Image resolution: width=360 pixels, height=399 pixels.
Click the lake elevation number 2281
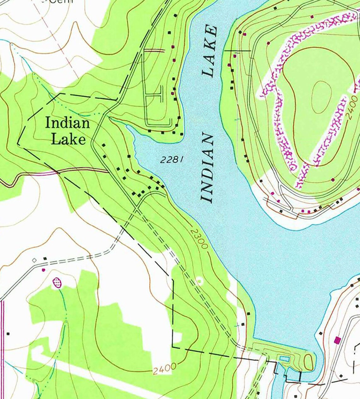click(x=172, y=160)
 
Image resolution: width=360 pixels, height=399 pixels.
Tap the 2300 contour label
click(x=199, y=239)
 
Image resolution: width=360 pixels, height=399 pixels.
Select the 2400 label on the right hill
click(x=353, y=108)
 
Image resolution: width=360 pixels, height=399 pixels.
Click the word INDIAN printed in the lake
click(x=207, y=168)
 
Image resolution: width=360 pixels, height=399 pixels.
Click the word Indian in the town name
click(x=67, y=123)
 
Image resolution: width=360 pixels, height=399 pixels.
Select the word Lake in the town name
click(x=68, y=139)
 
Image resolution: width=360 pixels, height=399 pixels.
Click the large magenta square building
click(x=338, y=340)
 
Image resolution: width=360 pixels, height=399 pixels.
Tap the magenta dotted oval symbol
click(x=57, y=282)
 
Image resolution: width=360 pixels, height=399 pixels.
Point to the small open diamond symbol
click(x=34, y=260)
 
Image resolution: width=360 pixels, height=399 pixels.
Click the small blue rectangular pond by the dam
click(x=284, y=359)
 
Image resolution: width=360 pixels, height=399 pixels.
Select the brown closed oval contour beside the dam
click(x=309, y=361)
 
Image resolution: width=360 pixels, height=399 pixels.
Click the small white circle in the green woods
click(x=199, y=280)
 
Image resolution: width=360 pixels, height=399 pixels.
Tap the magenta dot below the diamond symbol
click(x=43, y=270)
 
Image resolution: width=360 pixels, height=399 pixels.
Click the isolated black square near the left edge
click(x=8, y=334)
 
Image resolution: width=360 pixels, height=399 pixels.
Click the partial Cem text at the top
click(x=62, y=2)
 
